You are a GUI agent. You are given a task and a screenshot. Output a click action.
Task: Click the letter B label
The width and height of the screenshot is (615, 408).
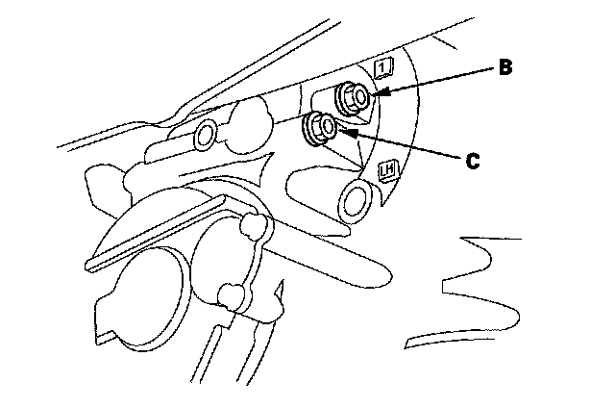pyautogui.click(x=504, y=68)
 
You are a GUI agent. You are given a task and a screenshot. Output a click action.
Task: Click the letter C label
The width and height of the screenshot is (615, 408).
pyautogui.click(x=472, y=162)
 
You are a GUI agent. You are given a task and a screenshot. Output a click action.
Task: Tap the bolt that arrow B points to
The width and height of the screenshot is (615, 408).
pyautogui.click(x=353, y=97)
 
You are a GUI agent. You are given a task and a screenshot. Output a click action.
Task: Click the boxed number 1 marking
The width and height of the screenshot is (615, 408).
pyautogui.click(x=383, y=66)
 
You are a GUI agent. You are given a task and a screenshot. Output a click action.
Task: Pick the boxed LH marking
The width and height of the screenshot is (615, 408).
pyautogui.click(x=389, y=171)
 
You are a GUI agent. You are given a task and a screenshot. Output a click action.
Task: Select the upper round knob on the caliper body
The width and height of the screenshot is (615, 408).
pyautogui.click(x=254, y=225)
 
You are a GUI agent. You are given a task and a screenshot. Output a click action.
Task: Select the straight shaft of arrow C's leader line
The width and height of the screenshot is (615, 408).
pyautogui.click(x=404, y=145)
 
